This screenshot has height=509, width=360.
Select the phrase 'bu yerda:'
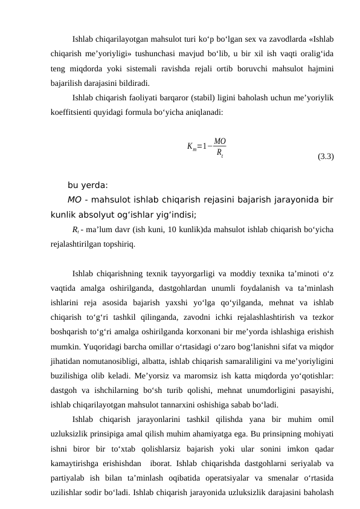[x=88, y=186]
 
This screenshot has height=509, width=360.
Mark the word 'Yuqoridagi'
[x=92, y=331]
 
